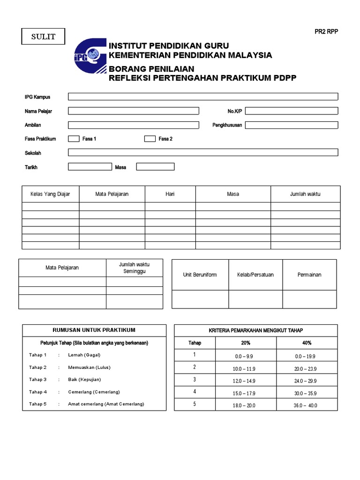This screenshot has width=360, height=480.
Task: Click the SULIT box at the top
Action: point(43,37)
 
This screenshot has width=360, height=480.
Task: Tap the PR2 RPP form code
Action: point(326,32)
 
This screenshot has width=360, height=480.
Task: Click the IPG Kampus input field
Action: point(203,97)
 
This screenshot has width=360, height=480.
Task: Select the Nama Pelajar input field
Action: point(134,111)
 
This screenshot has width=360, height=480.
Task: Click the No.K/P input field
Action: point(291,111)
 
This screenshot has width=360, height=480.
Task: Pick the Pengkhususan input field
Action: point(291,125)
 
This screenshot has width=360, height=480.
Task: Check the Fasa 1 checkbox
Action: point(74,139)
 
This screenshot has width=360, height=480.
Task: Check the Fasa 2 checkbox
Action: point(150,139)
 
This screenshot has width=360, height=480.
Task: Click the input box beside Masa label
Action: point(155,166)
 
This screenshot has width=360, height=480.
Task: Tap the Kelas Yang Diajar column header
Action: point(50,194)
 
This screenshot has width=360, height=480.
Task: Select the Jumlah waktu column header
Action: point(305,194)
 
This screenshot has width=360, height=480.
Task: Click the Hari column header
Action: point(170,194)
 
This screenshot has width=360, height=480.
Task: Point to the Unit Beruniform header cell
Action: point(200,275)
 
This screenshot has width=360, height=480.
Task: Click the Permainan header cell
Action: point(309,275)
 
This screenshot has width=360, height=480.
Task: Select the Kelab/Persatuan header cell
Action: point(255,275)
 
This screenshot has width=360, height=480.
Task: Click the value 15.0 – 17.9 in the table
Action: point(244,393)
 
